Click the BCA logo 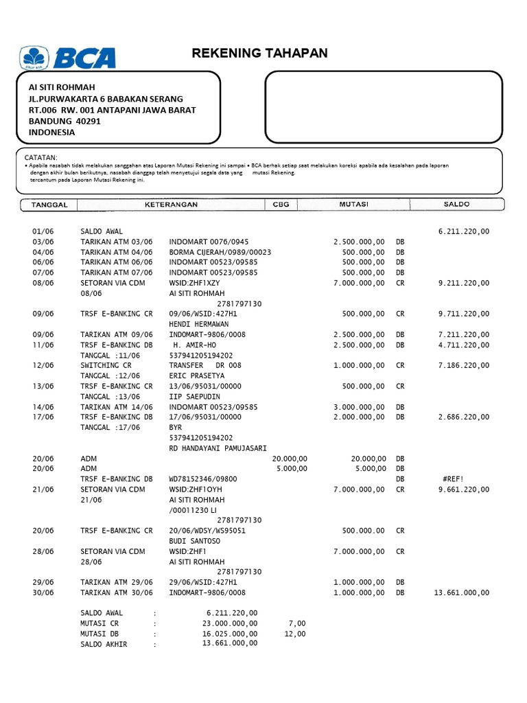point(68,58)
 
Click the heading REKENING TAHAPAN point(259,54)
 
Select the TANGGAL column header point(49,205)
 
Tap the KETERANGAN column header point(171,205)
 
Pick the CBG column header point(281,205)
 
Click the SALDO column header point(456,205)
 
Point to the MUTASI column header point(353,205)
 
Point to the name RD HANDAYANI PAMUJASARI point(218,448)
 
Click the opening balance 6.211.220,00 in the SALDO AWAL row point(463,232)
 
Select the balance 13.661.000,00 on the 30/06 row point(461,592)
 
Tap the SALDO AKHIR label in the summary point(104,645)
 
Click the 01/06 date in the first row point(43,232)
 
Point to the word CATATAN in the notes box point(41,158)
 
